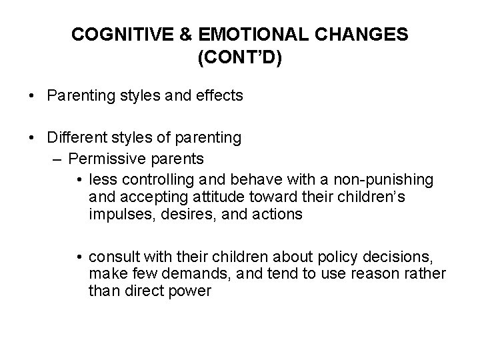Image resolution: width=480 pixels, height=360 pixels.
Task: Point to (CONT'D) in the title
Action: [x=240, y=58]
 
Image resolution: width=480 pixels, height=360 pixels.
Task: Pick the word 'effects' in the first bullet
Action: [x=221, y=96]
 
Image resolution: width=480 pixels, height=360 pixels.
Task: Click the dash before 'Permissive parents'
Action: [x=56, y=159]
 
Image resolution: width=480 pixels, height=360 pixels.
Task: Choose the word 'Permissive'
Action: [x=102, y=159]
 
